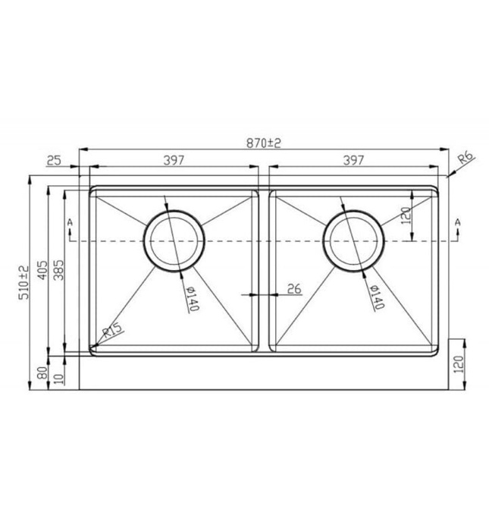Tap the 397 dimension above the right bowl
(x=353, y=160)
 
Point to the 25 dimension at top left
(x=54, y=160)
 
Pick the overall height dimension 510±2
(x=24, y=281)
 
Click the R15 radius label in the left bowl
(x=112, y=331)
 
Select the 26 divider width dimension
(x=295, y=288)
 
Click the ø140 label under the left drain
(x=190, y=299)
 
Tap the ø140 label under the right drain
(x=373, y=297)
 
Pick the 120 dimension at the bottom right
(x=456, y=368)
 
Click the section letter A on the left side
(x=70, y=222)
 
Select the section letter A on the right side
(x=457, y=222)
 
